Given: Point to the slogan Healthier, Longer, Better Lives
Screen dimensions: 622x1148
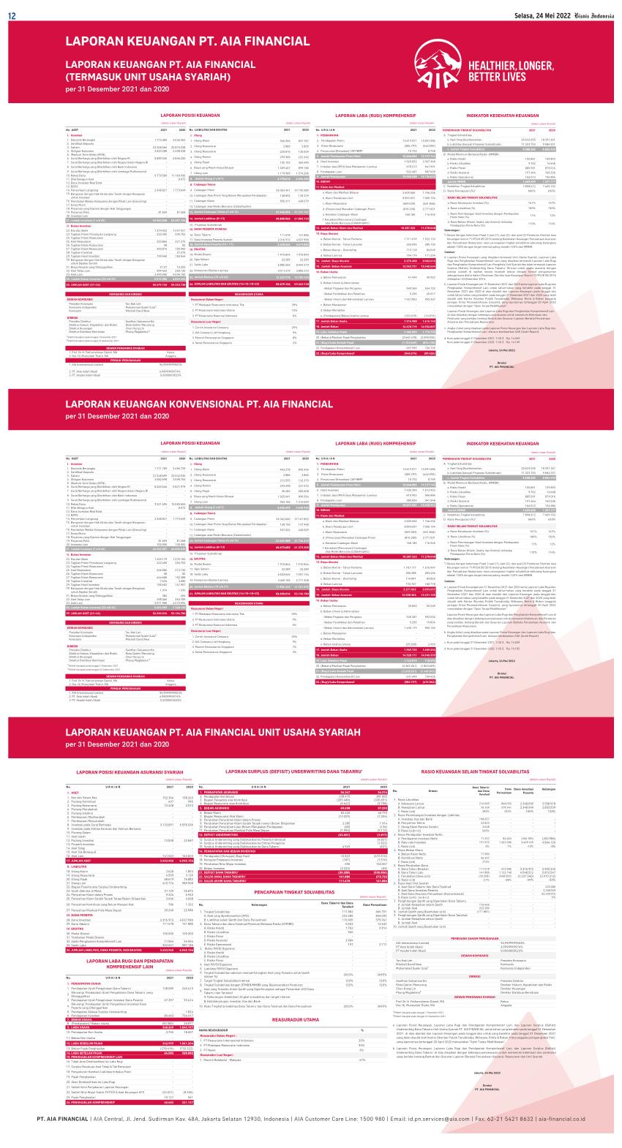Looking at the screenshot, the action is [498, 70].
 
